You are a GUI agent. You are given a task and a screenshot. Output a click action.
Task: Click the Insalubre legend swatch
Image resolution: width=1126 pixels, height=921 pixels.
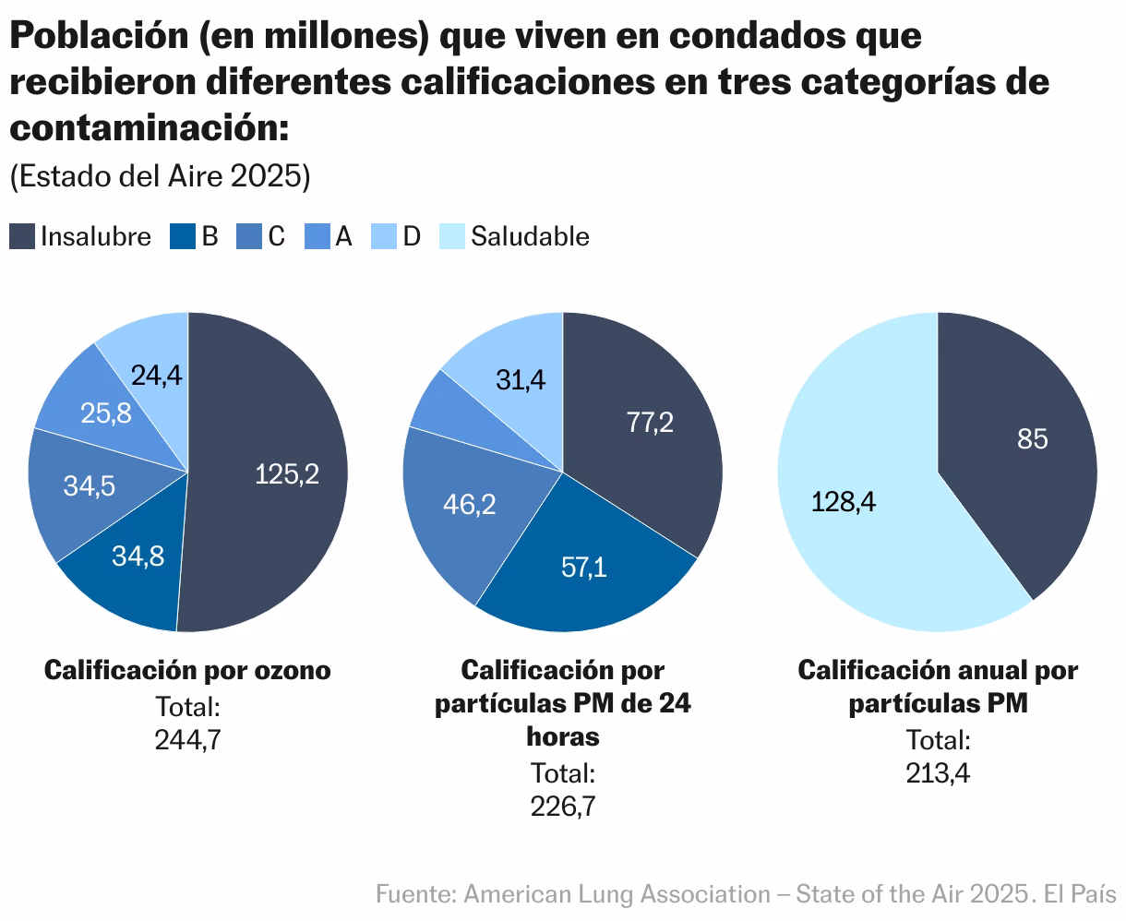pos(23,236)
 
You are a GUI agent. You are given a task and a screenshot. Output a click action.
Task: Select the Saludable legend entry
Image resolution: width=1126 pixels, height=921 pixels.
pos(529,236)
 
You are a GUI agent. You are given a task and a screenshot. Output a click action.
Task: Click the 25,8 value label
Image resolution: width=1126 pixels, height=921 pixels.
pos(105,413)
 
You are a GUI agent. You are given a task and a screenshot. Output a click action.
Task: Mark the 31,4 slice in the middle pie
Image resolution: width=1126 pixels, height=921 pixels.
pos(518,378)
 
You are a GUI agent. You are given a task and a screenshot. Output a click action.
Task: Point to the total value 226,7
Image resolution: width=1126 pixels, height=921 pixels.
pos(562,806)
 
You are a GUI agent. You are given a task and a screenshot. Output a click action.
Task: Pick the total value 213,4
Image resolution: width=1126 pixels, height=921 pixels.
pos(938,772)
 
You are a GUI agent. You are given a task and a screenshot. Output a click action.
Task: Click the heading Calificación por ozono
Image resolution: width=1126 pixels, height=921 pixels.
pos(187,670)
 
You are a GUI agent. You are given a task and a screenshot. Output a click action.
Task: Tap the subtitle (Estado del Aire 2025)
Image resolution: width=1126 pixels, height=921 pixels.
pos(160,176)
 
